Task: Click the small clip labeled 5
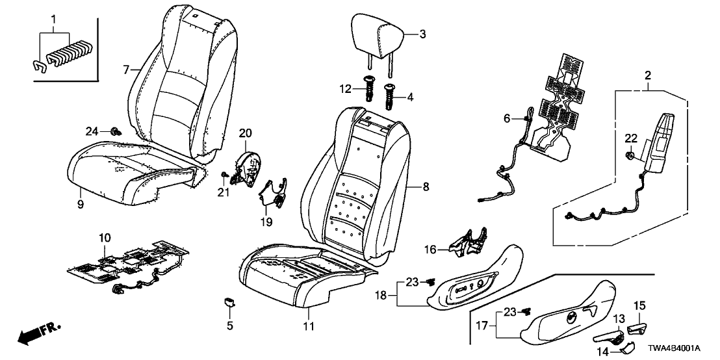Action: pyautogui.click(x=229, y=301)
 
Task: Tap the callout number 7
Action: pyautogui.click(x=127, y=68)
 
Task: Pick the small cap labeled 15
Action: pyautogui.click(x=637, y=325)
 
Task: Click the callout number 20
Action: pyautogui.click(x=244, y=133)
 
